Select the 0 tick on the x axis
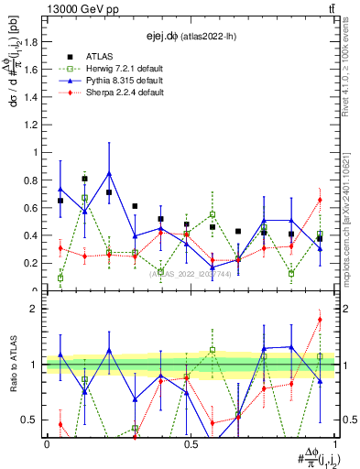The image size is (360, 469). pyautogui.click(x=47, y=442)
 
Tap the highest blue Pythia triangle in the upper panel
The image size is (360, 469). pyautogui.click(x=110, y=173)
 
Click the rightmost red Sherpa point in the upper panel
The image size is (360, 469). pyautogui.click(x=321, y=200)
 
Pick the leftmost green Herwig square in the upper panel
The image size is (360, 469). pyautogui.click(x=60, y=278)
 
